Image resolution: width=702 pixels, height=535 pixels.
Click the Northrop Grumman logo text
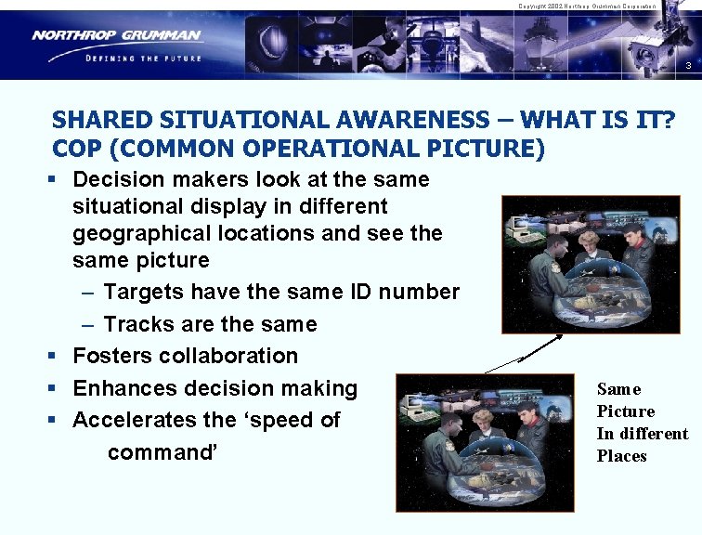(116, 35)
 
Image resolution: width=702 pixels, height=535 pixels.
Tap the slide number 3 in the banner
(687, 66)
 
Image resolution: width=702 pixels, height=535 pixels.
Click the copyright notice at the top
(586, 6)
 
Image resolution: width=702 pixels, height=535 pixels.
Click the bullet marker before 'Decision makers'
(58, 179)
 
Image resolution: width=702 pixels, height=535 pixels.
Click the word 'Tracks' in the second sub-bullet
(136, 324)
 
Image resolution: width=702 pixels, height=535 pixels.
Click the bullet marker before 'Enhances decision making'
(58, 388)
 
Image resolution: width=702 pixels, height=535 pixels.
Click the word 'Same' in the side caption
(618, 389)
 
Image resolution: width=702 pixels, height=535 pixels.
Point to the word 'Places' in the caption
(621, 456)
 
